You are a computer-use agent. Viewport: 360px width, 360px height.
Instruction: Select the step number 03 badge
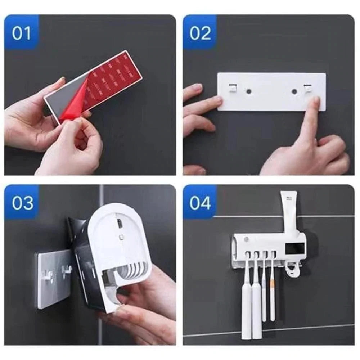pos(22,202)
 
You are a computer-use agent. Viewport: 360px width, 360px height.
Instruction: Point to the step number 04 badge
pos(200,202)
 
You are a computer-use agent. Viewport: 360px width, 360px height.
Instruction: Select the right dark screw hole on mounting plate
pos(295,91)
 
